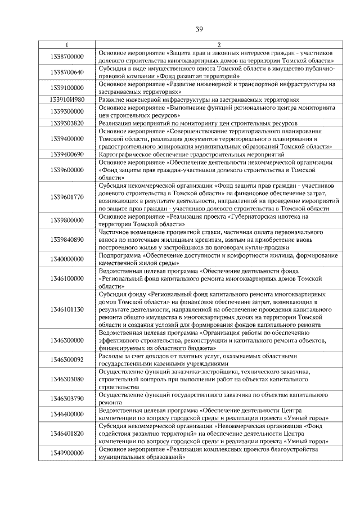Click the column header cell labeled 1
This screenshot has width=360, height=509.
tap(67, 44)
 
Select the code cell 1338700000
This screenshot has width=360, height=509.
tap(67, 56)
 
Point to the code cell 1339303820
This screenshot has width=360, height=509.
tap(67, 123)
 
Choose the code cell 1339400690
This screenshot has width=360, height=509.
tap(67, 154)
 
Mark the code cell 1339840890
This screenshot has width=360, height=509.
tap(67, 239)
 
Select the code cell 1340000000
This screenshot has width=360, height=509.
tap(67, 259)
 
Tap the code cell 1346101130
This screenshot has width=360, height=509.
tap(67, 309)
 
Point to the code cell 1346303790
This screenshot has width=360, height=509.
tap(67, 399)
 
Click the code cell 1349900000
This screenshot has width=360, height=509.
tap(67, 453)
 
